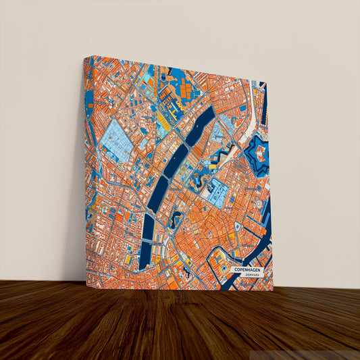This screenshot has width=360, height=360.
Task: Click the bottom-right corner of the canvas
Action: point(273,290)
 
